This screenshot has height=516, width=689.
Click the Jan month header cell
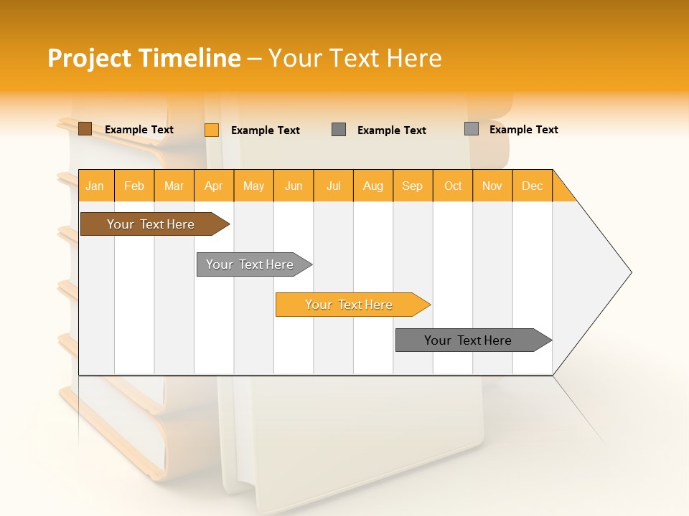(95, 186)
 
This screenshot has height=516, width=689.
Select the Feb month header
(134, 186)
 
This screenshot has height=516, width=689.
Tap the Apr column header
(214, 186)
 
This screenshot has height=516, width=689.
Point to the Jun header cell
(294, 186)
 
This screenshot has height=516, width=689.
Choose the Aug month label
(373, 186)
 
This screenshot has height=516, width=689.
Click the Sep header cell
(413, 186)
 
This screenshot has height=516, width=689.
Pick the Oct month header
(453, 186)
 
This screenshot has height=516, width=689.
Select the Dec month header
(533, 186)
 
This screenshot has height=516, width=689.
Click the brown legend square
(85, 129)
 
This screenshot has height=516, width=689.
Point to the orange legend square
(212, 130)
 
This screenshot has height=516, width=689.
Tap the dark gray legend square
(339, 129)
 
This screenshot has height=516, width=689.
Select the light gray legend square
(472, 129)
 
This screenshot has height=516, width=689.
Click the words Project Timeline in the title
(144, 58)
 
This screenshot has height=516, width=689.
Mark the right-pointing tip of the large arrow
(629, 272)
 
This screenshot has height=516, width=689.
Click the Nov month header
(492, 186)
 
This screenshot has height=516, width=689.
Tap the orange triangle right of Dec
(561, 191)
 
